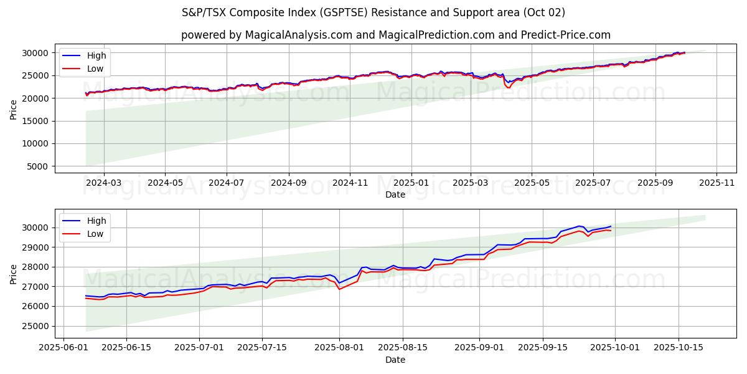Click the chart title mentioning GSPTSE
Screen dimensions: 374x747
[374, 12]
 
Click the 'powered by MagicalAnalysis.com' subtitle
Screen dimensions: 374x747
[395, 35]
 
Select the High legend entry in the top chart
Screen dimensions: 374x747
[96, 55]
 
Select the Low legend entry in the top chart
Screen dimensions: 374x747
[95, 69]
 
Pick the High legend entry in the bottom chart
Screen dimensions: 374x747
[96, 221]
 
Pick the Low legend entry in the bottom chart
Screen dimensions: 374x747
[95, 234]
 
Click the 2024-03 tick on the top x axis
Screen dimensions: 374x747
[103, 183]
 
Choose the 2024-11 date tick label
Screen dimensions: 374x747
[349, 183]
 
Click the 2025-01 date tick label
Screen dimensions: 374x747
[411, 183]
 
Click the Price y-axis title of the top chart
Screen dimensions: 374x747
[14, 108]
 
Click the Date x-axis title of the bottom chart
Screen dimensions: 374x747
[395, 360]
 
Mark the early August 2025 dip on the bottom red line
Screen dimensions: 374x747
[339, 289]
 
